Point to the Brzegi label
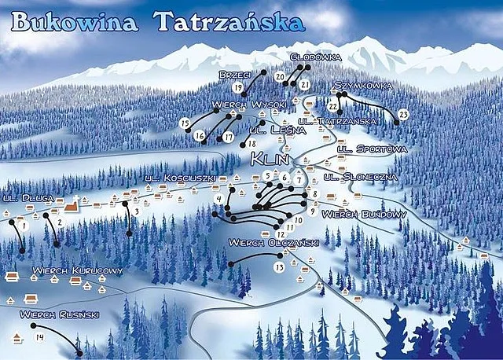coord(234,74)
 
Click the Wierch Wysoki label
coord(248,105)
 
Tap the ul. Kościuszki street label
coord(180,179)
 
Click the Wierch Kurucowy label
coord(78,271)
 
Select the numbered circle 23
coord(403,116)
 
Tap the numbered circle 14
coord(39,338)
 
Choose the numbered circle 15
coord(185,123)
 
